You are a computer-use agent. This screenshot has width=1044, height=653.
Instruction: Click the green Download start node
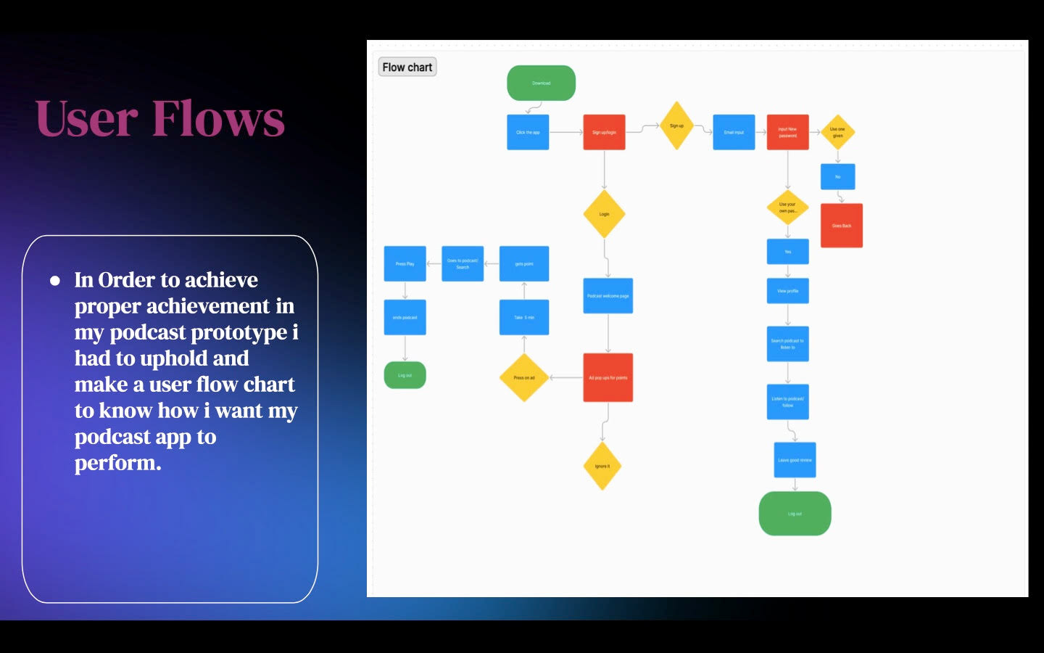[x=541, y=83]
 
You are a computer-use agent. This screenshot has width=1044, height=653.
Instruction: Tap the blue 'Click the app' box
[x=528, y=132]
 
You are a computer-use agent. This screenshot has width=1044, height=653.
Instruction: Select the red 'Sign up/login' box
[x=604, y=132]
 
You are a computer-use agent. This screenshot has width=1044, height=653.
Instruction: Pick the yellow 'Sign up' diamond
[x=676, y=126]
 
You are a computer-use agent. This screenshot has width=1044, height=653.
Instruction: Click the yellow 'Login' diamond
[x=604, y=214]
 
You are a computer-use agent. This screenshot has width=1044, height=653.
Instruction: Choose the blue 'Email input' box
[x=734, y=132]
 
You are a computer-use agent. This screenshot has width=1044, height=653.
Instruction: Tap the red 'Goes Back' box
[x=841, y=226]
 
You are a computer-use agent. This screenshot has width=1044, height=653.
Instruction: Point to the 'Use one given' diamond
[x=837, y=132]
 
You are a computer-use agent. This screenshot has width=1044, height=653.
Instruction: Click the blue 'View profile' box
[x=787, y=291]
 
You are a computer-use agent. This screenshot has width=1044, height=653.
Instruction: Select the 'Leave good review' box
[x=795, y=460]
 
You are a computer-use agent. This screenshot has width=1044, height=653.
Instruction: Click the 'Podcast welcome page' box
[x=608, y=296]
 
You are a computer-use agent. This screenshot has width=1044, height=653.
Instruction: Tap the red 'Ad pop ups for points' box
[x=608, y=377]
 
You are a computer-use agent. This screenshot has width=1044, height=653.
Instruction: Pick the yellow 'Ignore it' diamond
[x=602, y=466]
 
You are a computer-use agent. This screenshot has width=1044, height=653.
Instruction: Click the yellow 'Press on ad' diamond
[x=523, y=377]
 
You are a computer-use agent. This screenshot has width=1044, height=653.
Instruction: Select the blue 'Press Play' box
[x=405, y=263]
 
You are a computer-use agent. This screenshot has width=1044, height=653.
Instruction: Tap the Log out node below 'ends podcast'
[x=405, y=375]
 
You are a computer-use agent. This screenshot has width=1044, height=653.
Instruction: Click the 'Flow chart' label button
[x=407, y=67]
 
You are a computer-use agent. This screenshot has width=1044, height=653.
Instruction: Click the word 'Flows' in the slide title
[x=218, y=118]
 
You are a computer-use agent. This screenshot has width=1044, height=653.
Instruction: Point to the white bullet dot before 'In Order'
[x=55, y=281]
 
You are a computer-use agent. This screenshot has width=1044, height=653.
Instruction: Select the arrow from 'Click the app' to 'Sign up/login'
[x=565, y=132]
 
